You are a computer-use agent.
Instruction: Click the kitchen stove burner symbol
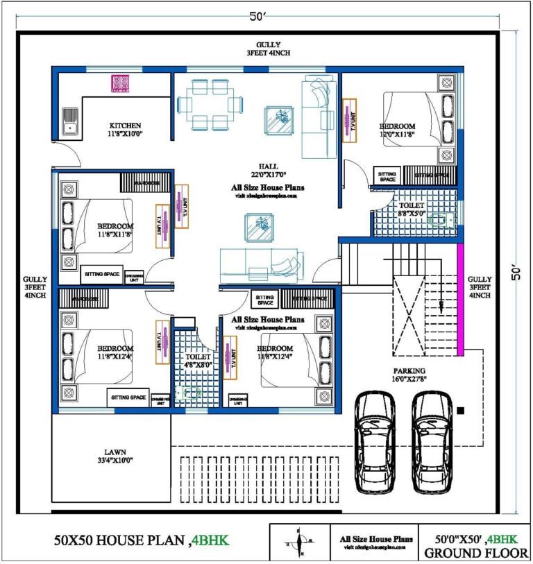pos(121,83)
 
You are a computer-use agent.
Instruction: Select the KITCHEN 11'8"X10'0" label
pos(125,130)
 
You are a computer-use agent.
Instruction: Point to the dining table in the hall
pos(210,105)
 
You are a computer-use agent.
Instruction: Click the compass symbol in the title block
pos(300,540)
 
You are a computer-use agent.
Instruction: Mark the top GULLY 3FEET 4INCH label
pos(267,49)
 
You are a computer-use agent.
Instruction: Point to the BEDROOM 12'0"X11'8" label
pos(397,130)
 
